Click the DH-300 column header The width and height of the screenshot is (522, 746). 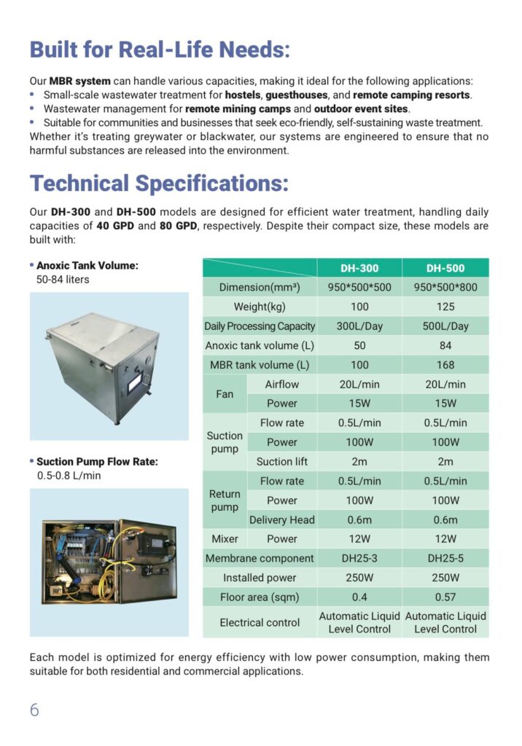[x=359, y=268]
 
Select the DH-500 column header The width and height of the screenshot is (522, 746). [x=445, y=268]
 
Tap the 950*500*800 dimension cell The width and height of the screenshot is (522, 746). [x=445, y=287]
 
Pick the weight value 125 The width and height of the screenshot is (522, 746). [x=445, y=307]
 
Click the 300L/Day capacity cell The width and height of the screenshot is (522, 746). [x=359, y=326]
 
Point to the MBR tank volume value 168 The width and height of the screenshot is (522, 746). [x=445, y=365]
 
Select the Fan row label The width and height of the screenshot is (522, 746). [x=225, y=394]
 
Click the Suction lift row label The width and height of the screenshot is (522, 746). [x=282, y=462]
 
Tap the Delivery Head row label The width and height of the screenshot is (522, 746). [x=282, y=519]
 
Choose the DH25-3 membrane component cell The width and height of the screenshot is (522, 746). [x=359, y=558]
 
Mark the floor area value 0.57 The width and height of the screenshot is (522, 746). [x=445, y=597]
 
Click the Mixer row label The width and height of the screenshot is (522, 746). [x=225, y=539]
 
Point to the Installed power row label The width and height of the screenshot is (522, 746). [x=260, y=578]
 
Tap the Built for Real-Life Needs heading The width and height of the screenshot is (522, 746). [x=160, y=50]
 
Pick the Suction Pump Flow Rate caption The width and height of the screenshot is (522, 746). [x=96, y=461]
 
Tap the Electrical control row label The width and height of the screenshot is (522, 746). [x=260, y=622]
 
